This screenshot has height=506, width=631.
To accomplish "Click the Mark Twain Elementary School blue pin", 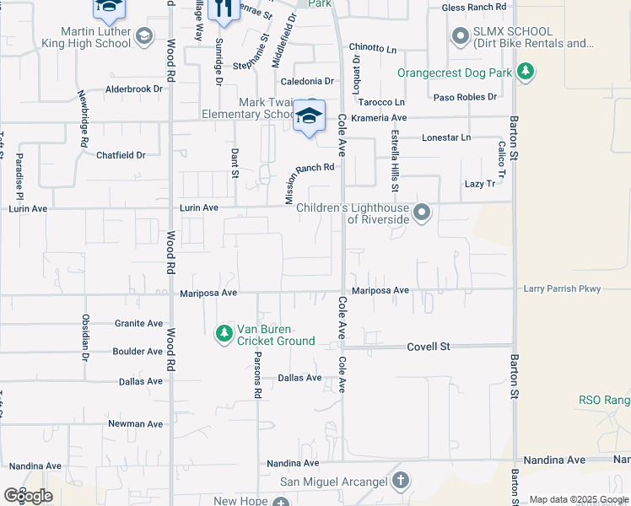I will pos(310,117).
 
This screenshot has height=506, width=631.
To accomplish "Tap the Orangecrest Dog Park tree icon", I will pos(526,73).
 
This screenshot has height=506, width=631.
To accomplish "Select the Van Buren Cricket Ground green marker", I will pos(224,335).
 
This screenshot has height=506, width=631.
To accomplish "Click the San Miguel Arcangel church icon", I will pos(400,482).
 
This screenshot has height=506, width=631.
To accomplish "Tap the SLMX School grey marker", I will pos(461,36).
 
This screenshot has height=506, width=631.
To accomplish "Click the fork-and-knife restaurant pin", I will pos(224,8).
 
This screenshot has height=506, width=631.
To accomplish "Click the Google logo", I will pos(28,496).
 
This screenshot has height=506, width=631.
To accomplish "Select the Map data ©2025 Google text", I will pos(579,499).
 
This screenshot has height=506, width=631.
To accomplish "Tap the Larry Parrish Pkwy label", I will pos(562,289).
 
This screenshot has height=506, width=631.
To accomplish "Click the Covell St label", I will pos(429,346).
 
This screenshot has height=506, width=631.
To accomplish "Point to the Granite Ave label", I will pos(139,323).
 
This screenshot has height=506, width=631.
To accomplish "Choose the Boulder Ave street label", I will pos(138,352).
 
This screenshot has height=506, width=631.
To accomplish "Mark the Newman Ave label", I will pos(135,424).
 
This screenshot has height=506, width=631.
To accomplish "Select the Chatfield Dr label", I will pos(121,155).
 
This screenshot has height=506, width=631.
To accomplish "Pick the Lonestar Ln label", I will pos(446,137).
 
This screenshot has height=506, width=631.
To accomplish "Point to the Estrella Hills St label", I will pos(395,159).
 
